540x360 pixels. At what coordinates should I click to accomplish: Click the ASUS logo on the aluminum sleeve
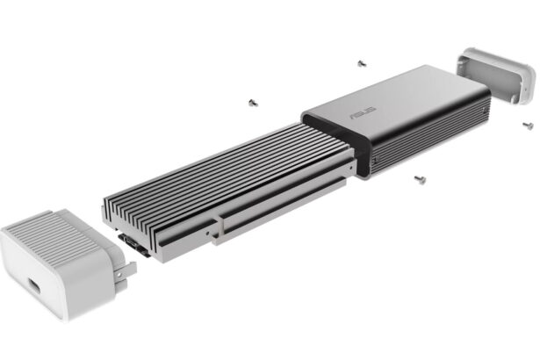(x=362, y=113)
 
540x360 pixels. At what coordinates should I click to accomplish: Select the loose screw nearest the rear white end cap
(x=529, y=124)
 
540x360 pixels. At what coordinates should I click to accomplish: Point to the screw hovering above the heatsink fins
(x=253, y=102)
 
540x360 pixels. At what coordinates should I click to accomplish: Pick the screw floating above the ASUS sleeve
(x=361, y=63)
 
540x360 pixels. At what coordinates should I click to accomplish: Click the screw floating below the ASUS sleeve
(x=420, y=180)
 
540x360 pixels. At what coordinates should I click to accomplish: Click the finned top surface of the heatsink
(x=228, y=162)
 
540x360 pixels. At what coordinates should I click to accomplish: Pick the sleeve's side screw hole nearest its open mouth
(x=377, y=162)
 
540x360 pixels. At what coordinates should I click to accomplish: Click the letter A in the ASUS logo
(x=353, y=116)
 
